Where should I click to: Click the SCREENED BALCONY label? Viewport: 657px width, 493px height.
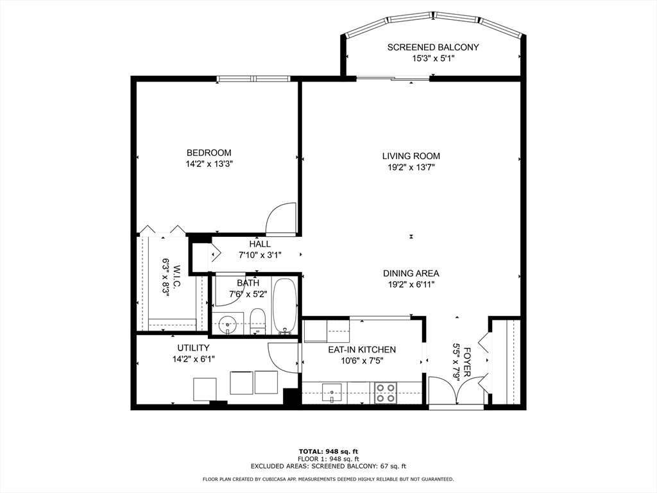433,48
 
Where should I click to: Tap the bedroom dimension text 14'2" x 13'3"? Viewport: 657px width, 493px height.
209,164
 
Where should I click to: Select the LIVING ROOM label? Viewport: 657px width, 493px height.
411,157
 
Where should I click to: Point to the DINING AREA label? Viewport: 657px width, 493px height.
411,273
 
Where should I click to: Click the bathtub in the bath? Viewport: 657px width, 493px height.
284,306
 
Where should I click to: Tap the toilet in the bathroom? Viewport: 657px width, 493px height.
258,322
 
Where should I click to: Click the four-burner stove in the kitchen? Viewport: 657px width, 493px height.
386,393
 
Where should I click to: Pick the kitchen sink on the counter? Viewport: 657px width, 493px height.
332,393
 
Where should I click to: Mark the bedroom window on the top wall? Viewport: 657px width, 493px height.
253,78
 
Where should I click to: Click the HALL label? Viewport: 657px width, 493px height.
260,244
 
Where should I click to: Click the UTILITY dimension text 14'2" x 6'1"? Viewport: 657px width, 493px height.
194,359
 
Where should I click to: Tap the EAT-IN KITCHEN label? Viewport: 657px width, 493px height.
362,350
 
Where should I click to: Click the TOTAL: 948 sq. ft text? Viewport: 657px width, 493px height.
328,451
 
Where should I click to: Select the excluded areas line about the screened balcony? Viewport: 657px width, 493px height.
328,466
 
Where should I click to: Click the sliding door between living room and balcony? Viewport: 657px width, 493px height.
393,78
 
